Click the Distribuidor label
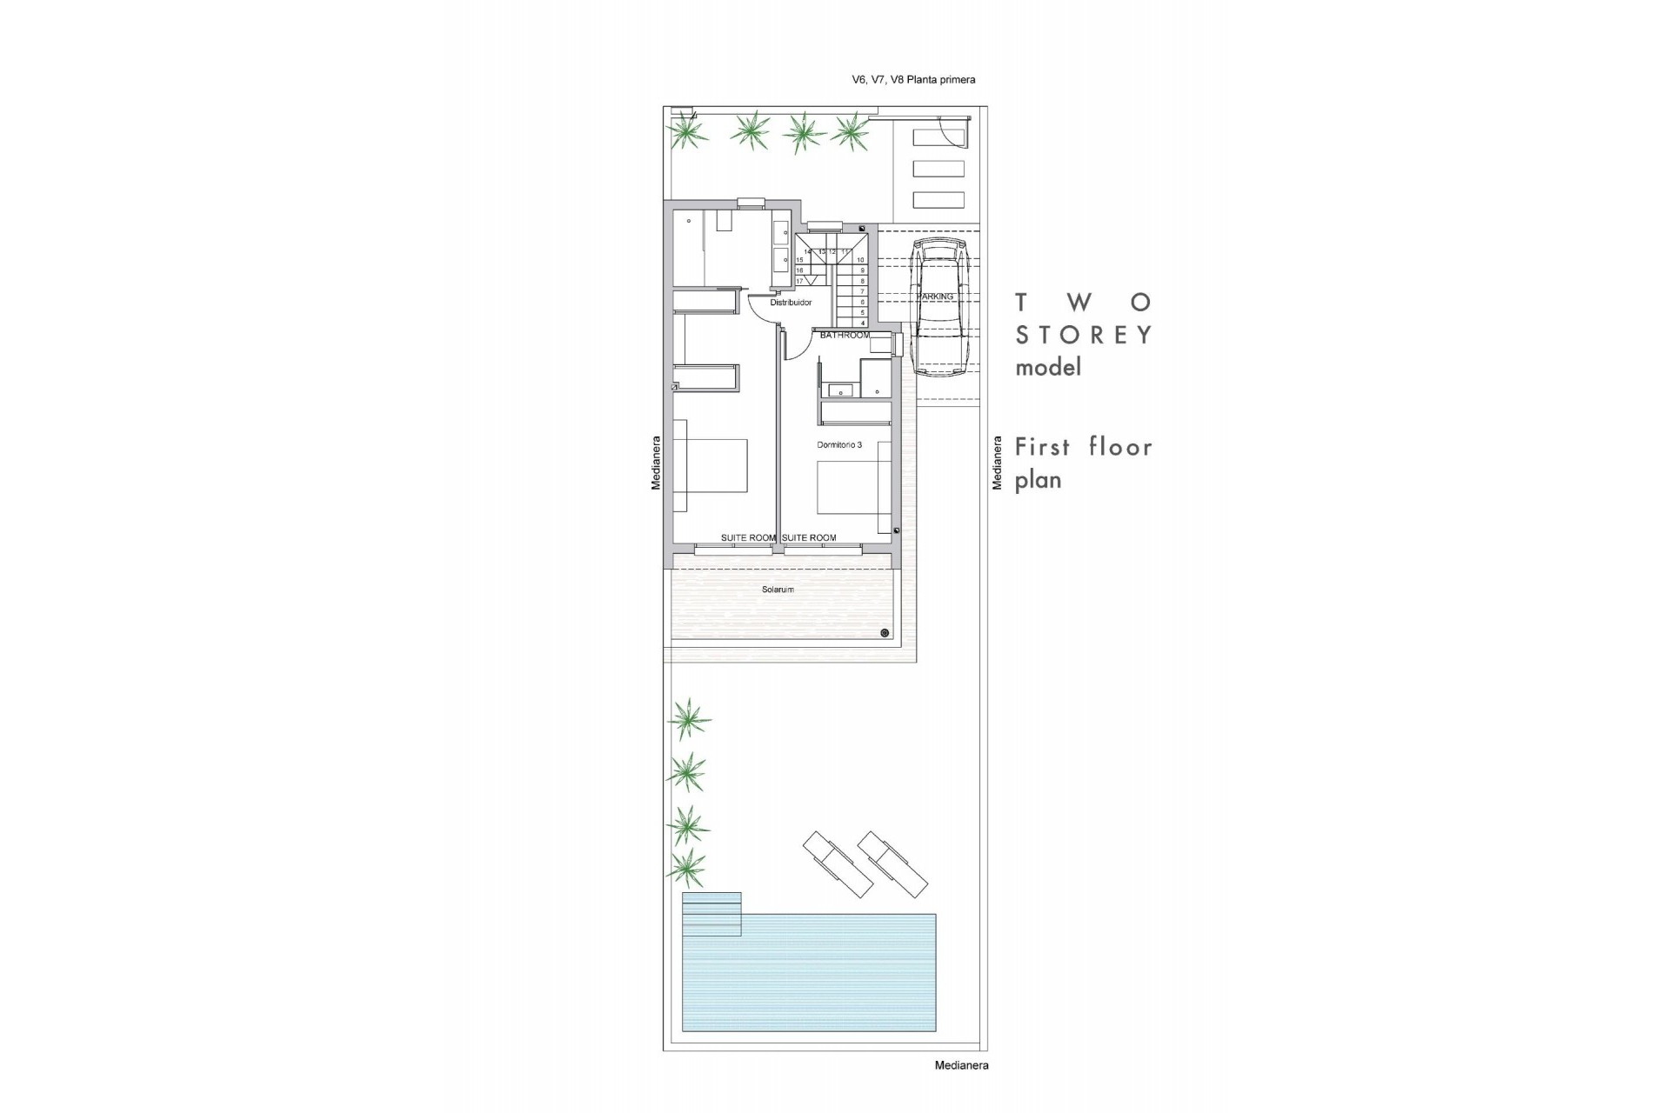[x=791, y=303]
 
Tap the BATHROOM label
[x=844, y=335]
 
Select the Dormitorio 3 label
[x=839, y=445]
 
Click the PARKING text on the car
[x=935, y=297]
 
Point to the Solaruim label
[x=778, y=590]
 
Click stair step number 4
[x=863, y=323]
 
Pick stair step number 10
[x=861, y=260]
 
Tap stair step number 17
[x=799, y=281]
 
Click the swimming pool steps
[x=711, y=914]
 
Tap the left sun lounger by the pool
[x=838, y=864]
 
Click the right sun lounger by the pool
[x=892, y=864]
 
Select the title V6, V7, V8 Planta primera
[x=913, y=80]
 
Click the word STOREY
[x=1084, y=335]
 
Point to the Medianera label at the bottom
[x=961, y=1065]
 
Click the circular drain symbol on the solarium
[x=885, y=633]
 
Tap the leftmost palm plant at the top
[x=687, y=132]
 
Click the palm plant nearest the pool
[x=687, y=867]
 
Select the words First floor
[x=1084, y=447]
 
